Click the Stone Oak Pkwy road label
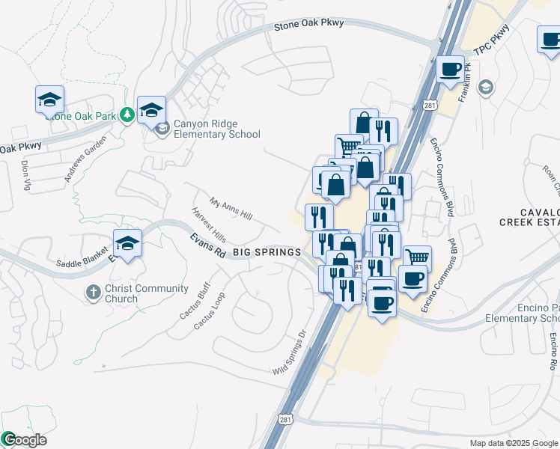click(x=308, y=24)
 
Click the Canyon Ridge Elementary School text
click(x=216, y=129)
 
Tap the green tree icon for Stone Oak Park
click(x=127, y=114)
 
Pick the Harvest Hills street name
click(x=208, y=224)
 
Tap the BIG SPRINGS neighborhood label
click(x=267, y=253)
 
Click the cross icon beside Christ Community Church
click(x=93, y=292)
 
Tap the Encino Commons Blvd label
click(x=442, y=177)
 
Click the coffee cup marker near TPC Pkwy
click(x=450, y=70)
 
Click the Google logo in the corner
click(x=24, y=440)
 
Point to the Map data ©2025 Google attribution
click(x=514, y=443)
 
